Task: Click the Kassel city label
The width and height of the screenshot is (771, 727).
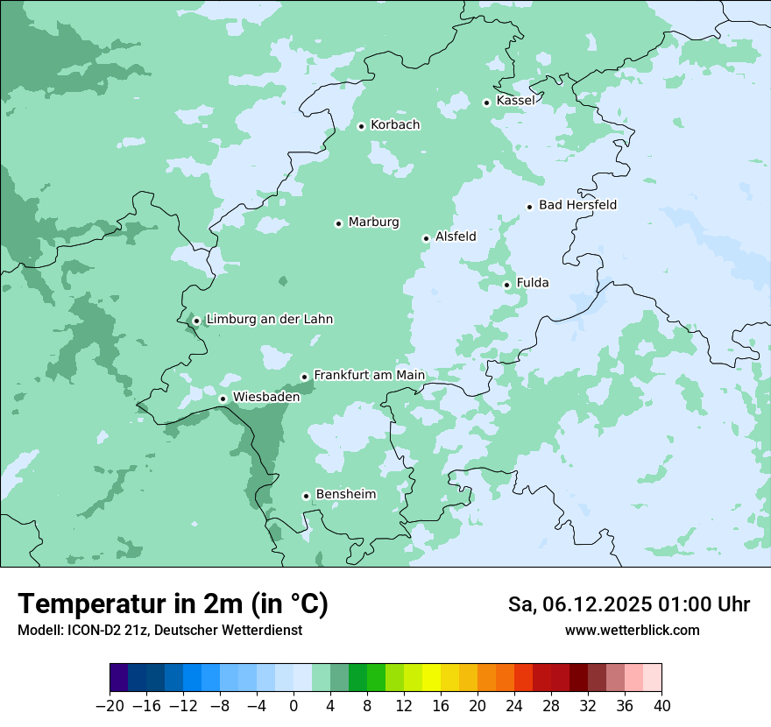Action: coord(515,101)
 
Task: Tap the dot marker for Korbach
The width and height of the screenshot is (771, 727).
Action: coord(361,126)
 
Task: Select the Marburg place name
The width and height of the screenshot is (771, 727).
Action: coord(373,222)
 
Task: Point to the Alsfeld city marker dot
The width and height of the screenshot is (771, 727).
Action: coord(426,238)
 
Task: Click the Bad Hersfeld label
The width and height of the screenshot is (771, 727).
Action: coord(577,205)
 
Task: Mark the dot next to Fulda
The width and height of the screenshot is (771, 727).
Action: coord(506,285)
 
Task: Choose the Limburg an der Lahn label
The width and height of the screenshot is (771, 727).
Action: coord(269,320)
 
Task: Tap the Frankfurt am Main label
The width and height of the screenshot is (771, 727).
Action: coord(369,375)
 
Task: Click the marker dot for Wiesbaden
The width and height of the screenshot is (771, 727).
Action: coord(223,399)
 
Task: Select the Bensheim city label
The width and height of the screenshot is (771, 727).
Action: coord(345,494)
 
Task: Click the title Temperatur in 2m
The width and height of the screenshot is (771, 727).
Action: coord(173,603)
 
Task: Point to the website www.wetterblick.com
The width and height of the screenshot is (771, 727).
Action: coord(632,630)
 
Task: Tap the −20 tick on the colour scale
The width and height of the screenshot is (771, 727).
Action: coord(110,706)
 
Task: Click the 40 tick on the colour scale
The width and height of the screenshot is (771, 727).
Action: coord(661,706)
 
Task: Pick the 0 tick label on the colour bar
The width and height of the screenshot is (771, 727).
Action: coord(294,706)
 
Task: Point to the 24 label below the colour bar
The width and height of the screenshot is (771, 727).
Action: coord(514,706)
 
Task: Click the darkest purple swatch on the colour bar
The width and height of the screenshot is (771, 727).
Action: coord(119,678)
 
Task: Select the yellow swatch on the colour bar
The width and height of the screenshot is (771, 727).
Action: coord(431,678)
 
